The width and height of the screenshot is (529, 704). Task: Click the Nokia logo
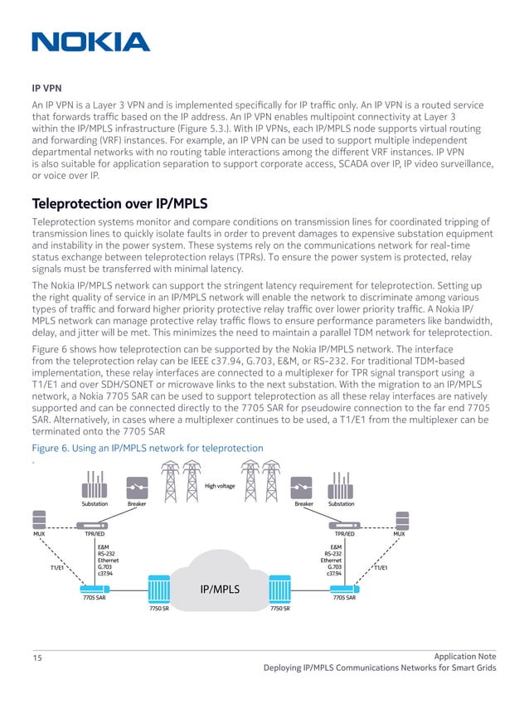pos(90,42)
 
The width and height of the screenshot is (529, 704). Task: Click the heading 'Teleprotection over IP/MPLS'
pos(119,204)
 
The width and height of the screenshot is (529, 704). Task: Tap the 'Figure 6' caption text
pos(147,449)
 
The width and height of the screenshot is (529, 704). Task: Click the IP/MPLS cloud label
pos(220,590)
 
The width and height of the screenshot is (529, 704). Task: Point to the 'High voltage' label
pos(220,486)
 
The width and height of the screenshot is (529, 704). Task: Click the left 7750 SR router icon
pos(159,590)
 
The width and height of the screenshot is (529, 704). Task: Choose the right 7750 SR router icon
pos(280,590)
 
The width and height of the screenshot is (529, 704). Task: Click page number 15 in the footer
pos(37,658)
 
